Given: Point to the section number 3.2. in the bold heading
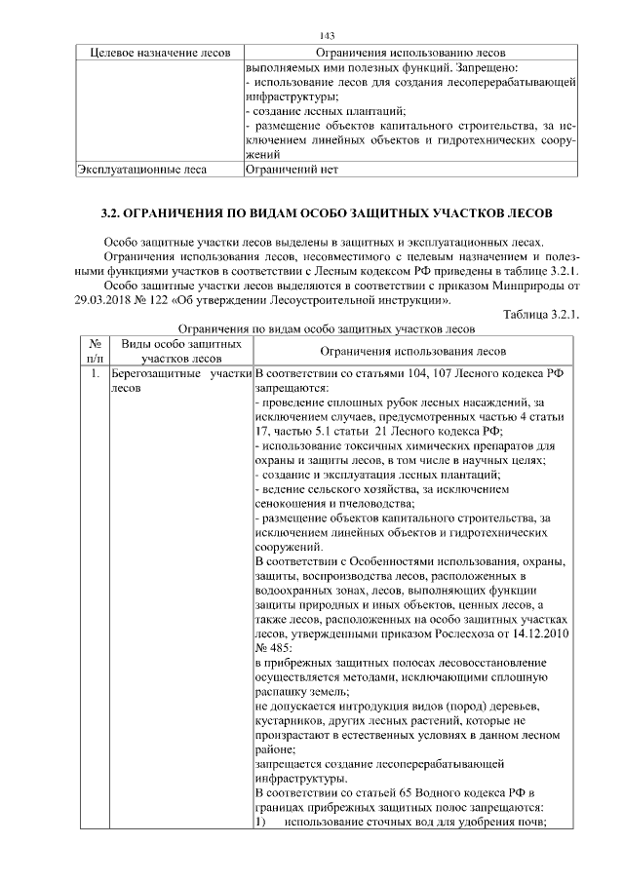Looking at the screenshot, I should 115,211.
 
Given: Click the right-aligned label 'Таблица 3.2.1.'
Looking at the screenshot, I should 541,314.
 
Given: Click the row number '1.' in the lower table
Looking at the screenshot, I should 94,373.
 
